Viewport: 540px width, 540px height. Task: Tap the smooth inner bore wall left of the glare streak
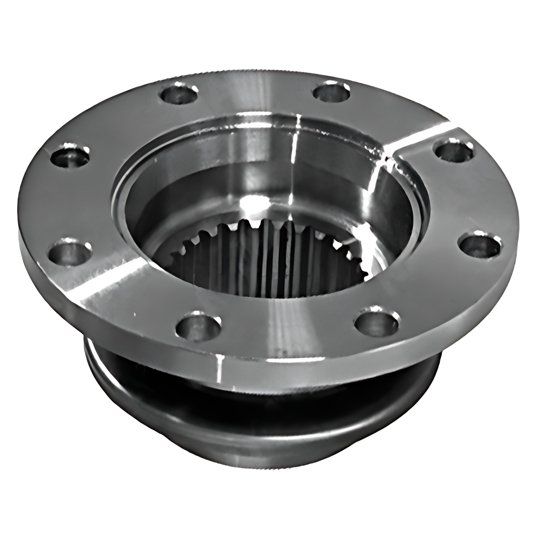[x=225, y=180]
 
